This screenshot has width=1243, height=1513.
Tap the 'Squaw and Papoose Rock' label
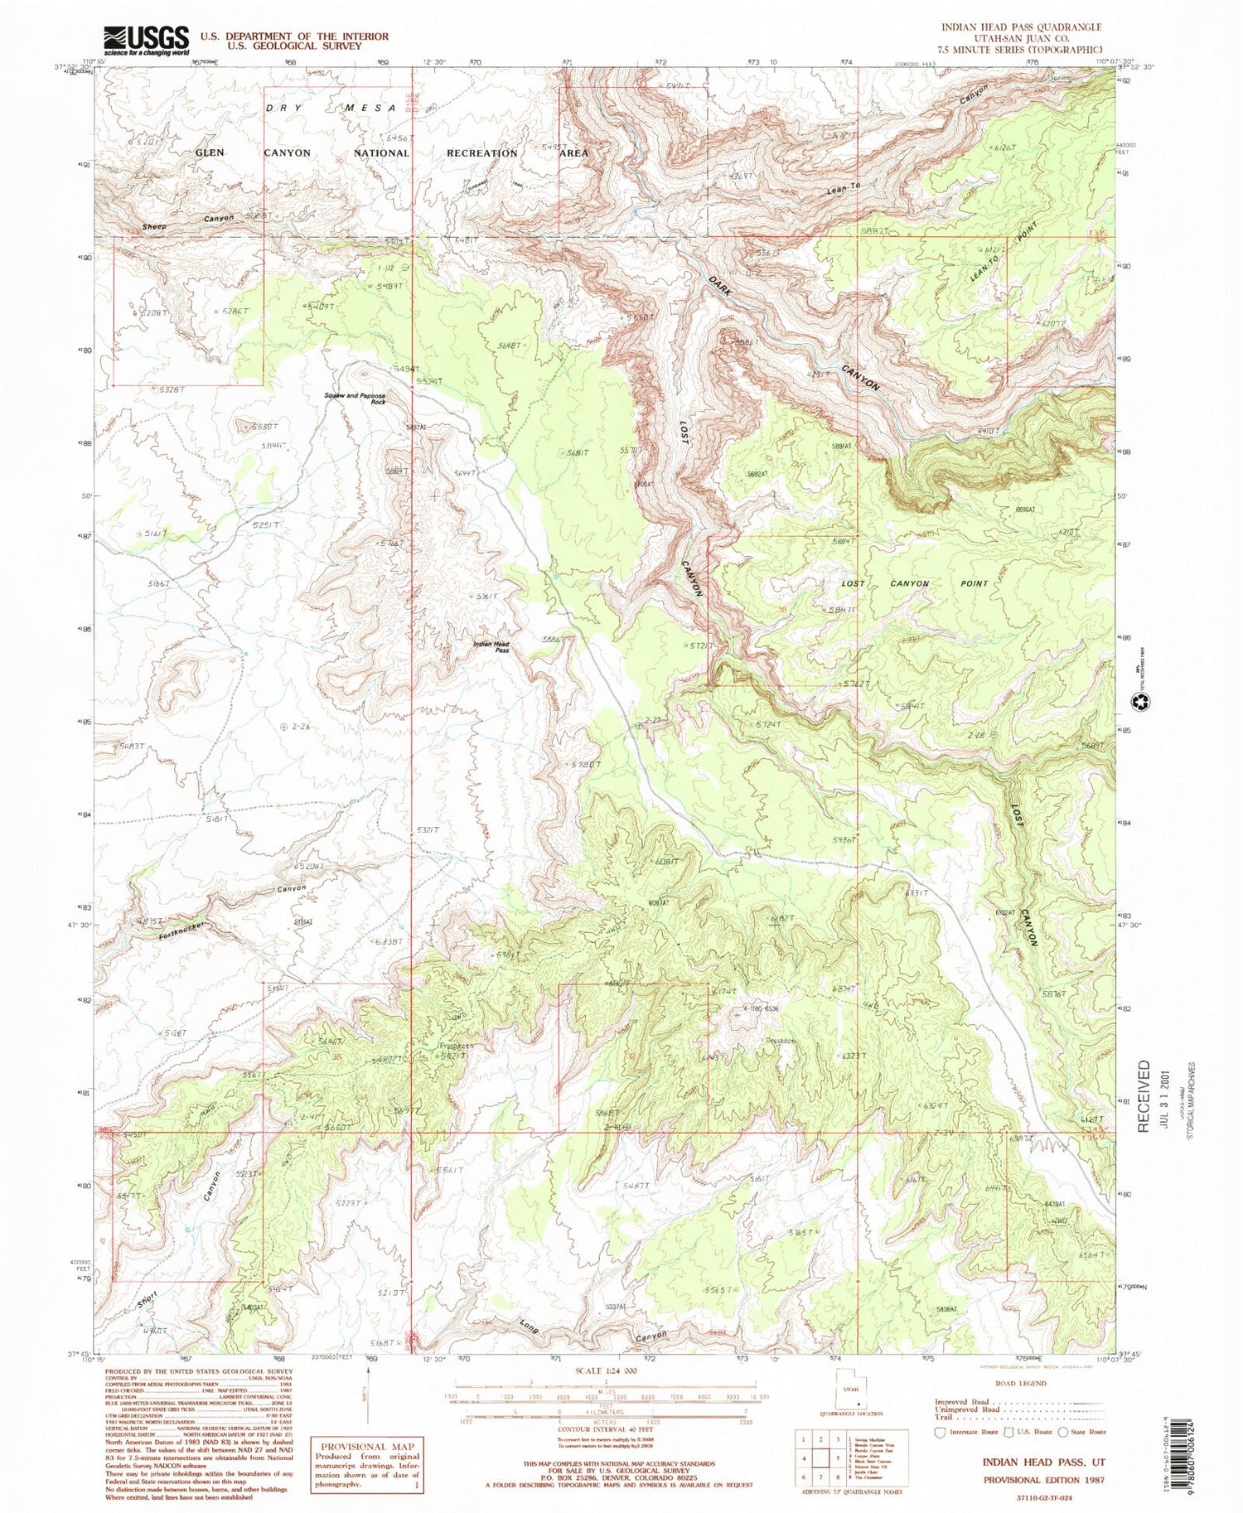(355, 399)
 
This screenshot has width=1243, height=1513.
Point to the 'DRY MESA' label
(327, 109)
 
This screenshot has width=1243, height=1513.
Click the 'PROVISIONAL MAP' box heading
(366, 1446)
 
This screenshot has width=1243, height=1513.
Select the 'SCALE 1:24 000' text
(603, 1371)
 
